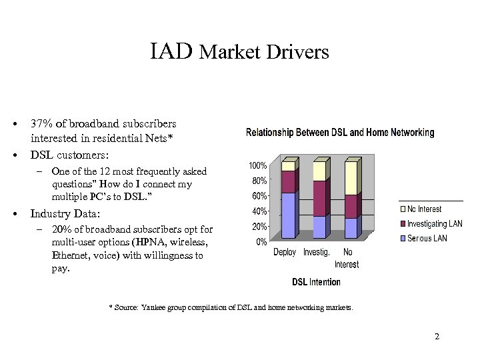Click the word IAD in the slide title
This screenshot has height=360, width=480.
(172, 51)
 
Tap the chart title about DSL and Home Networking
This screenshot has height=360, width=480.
(340, 133)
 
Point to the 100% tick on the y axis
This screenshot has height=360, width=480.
(258, 165)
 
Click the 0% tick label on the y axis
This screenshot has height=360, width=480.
(262, 241)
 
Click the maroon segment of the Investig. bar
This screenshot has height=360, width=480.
(319, 198)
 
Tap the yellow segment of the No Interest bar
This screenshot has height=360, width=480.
(350, 178)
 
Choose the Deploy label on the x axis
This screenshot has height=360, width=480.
(285, 253)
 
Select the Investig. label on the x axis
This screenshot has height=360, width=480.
(317, 253)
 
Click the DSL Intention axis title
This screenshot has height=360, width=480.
(316, 282)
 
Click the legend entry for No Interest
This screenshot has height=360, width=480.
(424, 209)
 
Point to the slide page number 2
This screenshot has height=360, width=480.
(437, 337)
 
